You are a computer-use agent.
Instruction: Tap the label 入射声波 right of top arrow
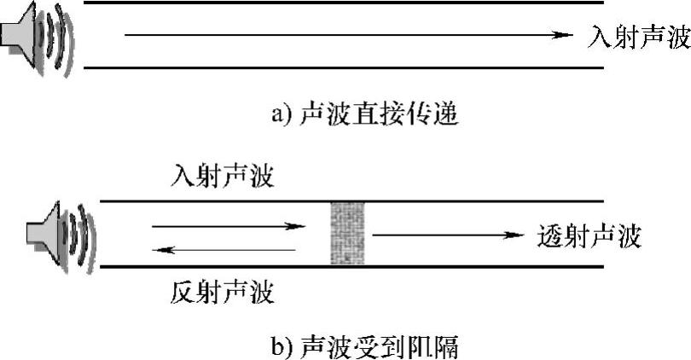click(x=639, y=37)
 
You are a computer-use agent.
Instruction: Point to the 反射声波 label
click(x=223, y=293)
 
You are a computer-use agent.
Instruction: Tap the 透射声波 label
click(x=589, y=235)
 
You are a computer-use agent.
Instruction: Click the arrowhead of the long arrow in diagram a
click(x=561, y=35)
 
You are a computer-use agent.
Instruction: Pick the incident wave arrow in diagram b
click(x=227, y=227)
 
